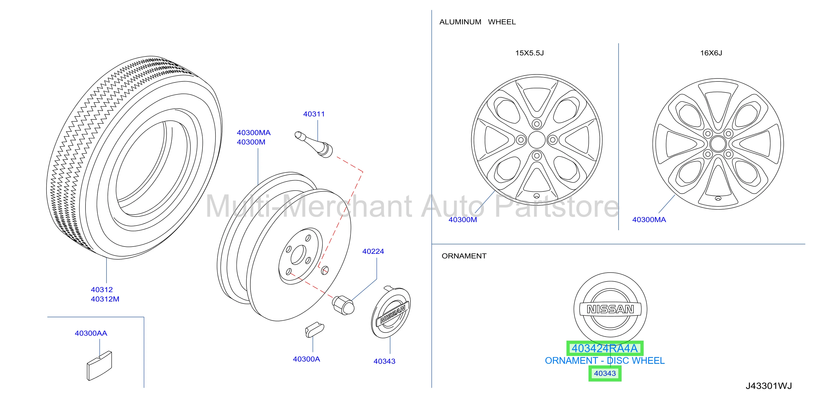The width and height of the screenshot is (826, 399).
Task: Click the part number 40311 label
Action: pyautogui.click(x=314, y=114)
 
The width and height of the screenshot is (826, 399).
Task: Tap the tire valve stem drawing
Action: pyautogui.click(x=314, y=145)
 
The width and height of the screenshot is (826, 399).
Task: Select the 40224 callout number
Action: pyautogui.click(x=373, y=251)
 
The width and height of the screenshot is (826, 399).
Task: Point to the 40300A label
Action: pyautogui.click(x=306, y=359)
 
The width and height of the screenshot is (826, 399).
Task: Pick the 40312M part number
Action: pyautogui.click(x=105, y=299)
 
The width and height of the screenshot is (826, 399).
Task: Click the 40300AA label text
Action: pyautogui.click(x=91, y=333)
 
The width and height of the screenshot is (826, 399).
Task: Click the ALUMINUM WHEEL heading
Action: pyautogui.click(x=477, y=22)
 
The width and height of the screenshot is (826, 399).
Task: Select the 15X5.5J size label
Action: pyautogui.click(x=529, y=53)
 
